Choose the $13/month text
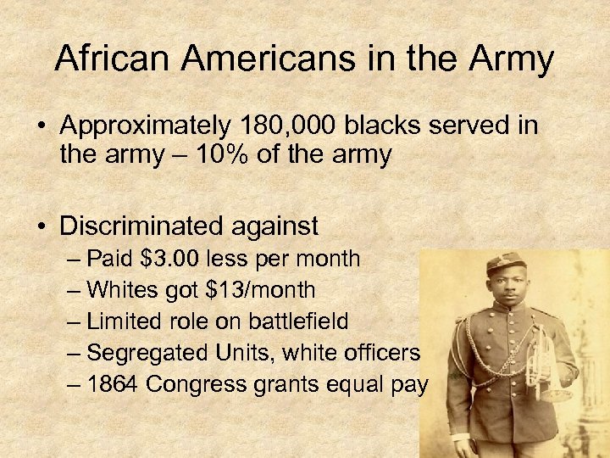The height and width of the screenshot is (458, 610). pos(260,290)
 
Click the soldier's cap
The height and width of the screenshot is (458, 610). pos(506,265)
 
